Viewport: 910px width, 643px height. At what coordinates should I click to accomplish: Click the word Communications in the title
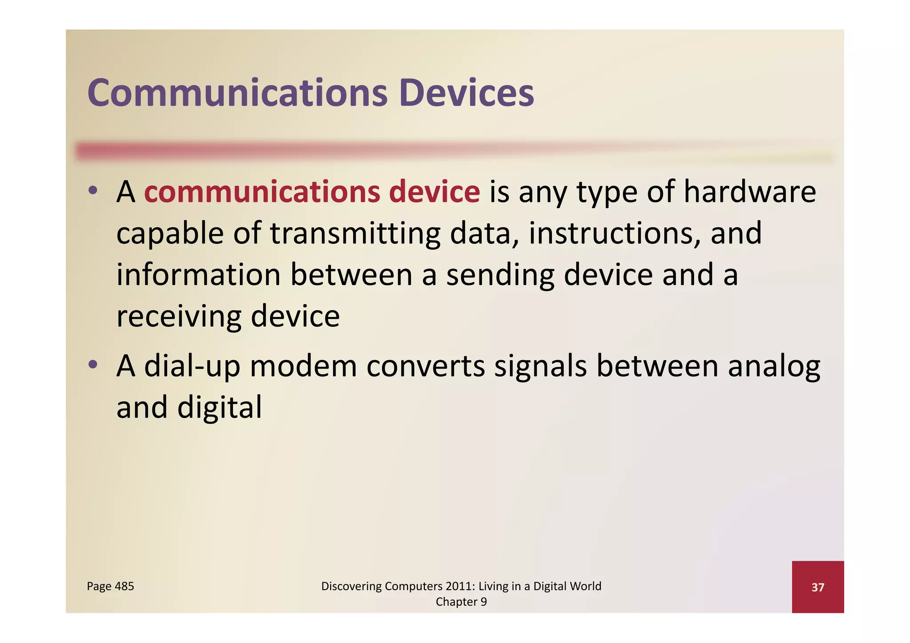point(237,93)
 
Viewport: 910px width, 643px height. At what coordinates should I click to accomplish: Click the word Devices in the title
point(466,93)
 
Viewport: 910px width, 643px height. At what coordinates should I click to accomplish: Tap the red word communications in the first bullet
point(262,192)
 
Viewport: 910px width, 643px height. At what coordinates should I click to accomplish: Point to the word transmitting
point(355,234)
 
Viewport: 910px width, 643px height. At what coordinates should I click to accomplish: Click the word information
point(198,274)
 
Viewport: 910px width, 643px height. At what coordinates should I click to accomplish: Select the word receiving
point(178,317)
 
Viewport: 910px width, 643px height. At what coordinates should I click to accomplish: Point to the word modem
point(303,366)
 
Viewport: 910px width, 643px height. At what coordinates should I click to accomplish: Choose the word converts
point(425,366)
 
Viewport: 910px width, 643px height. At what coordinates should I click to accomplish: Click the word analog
point(774,367)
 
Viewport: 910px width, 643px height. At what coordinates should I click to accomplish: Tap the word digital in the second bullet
point(220,408)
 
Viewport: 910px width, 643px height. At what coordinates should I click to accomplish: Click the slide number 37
point(818,587)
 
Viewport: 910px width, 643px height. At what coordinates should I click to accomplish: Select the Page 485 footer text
point(110,586)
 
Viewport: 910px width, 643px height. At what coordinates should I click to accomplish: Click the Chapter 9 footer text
point(461,602)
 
